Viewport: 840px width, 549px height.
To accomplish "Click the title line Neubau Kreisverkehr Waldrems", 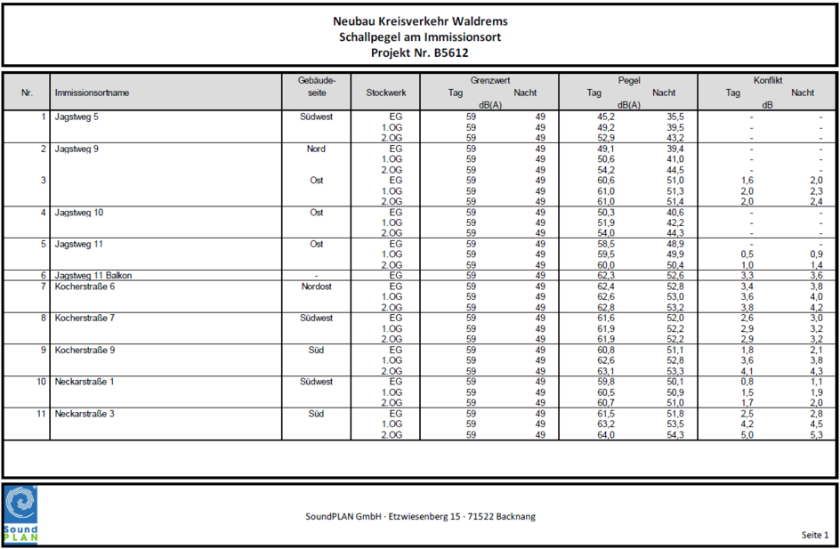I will click(x=420, y=20).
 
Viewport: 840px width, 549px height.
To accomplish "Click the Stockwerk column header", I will click(x=385, y=93).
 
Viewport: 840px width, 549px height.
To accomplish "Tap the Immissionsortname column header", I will click(x=92, y=93).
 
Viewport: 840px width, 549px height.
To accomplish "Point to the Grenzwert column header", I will click(x=490, y=80).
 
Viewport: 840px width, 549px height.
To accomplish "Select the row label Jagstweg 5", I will click(x=77, y=117).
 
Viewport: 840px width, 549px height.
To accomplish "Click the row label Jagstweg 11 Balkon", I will click(x=93, y=276).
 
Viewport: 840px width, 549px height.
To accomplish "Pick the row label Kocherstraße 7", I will click(x=85, y=318).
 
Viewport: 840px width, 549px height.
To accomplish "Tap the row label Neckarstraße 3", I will click(x=85, y=414).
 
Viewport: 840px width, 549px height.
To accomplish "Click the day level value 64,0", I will click(x=605, y=435).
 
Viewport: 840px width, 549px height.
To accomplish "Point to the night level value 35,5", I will click(x=675, y=117).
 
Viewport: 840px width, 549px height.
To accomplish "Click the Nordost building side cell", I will click(x=317, y=287).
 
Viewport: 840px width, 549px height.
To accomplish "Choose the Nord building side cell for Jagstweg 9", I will click(x=316, y=149).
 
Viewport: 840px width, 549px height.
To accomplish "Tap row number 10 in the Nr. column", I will click(x=40, y=382).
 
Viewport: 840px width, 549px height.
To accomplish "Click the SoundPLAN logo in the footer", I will click(x=20, y=513).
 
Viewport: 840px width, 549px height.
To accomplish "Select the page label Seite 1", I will click(x=814, y=535).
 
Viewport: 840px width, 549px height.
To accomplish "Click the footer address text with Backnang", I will click(x=420, y=516).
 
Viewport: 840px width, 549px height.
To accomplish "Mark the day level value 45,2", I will click(x=605, y=117).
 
